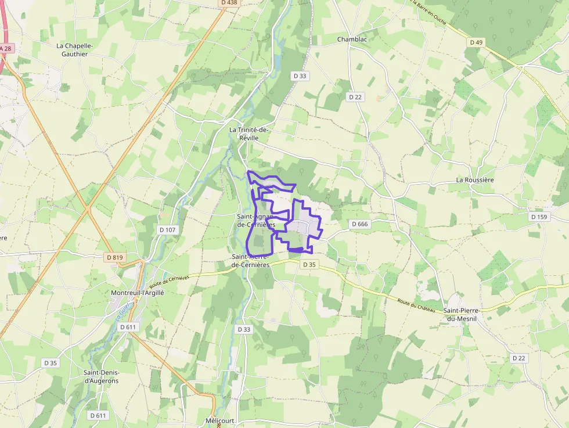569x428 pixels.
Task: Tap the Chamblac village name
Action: click(352, 39)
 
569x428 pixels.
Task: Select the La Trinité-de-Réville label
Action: click(249, 134)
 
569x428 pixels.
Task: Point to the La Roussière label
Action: click(475, 180)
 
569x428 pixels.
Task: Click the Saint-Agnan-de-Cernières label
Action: click(255, 220)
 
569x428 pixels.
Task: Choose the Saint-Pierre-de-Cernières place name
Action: click(250, 260)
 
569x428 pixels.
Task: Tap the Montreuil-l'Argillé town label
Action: click(138, 293)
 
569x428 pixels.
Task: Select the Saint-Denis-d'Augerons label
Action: click(102, 376)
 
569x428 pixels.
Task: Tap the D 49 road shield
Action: click(476, 42)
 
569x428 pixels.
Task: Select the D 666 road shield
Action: click(359, 224)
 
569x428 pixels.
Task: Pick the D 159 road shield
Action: click(539, 217)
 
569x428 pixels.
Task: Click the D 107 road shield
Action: click(167, 230)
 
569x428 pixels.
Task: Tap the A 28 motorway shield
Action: click(5, 48)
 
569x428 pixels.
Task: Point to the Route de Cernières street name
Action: click(170, 281)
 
